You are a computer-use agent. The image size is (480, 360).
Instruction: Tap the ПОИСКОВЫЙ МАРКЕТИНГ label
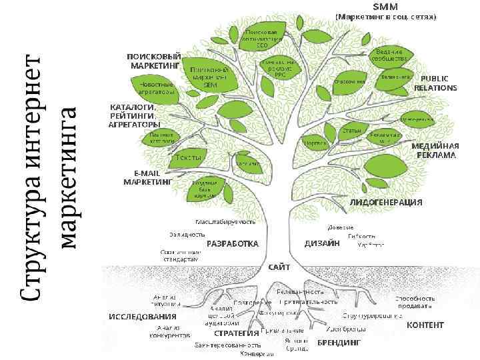(x=154, y=61)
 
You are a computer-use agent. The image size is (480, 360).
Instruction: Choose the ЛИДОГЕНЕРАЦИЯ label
(x=386, y=201)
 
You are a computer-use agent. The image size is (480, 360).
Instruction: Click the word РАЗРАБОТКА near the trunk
(x=232, y=244)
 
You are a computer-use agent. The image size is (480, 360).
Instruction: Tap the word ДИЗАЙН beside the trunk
(x=323, y=244)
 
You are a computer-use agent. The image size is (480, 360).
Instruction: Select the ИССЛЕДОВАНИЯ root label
(x=142, y=316)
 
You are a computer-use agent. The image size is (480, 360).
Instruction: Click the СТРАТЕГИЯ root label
(x=236, y=333)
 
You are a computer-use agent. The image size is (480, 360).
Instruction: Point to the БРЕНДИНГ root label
(x=339, y=342)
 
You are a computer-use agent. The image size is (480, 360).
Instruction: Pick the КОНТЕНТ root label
(x=425, y=325)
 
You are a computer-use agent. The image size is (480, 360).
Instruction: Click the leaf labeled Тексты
(x=188, y=157)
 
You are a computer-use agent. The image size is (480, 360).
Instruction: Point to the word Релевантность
(x=300, y=291)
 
